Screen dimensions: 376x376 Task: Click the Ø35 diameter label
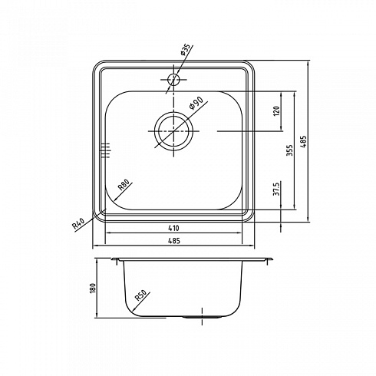tap(186, 49)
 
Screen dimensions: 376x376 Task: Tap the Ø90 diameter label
tap(196, 103)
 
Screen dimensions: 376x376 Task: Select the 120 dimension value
tap(277, 111)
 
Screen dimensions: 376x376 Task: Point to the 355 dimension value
tap(289, 150)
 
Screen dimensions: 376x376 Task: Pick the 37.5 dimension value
tap(276, 189)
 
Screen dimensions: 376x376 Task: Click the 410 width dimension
tap(173, 228)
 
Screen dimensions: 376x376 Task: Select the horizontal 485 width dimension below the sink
tap(174, 241)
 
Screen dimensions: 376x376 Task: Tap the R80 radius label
tap(124, 185)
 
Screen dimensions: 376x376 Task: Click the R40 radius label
tap(78, 223)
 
